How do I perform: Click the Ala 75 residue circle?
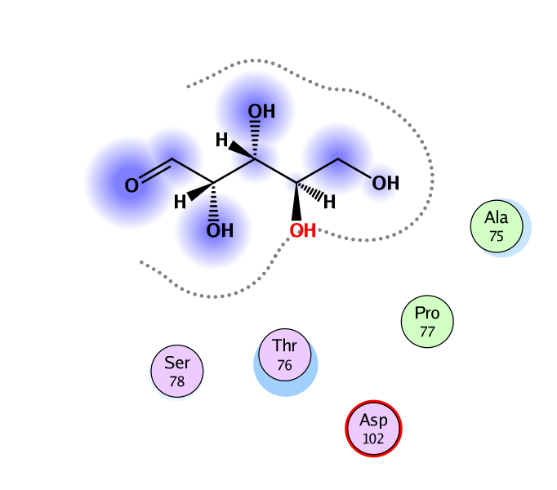(x=496, y=225)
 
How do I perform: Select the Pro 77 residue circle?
(x=427, y=321)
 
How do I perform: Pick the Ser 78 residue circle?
(x=177, y=371)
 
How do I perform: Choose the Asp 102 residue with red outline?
(x=373, y=429)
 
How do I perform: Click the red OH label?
(x=302, y=231)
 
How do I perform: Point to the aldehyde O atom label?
(x=131, y=186)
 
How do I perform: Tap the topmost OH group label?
(x=261, y=112)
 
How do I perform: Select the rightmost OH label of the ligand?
(x=385, y=183)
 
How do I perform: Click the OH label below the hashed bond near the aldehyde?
(x=219, y=231)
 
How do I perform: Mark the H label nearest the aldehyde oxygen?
(x=180, y=202)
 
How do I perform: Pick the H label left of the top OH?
(x=221, y=140)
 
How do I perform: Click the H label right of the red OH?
(x=329, y=202)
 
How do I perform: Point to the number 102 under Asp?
(x=373, y=439)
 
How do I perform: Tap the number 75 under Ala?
(x=496, y=236)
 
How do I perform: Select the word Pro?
(x=427, y=313)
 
